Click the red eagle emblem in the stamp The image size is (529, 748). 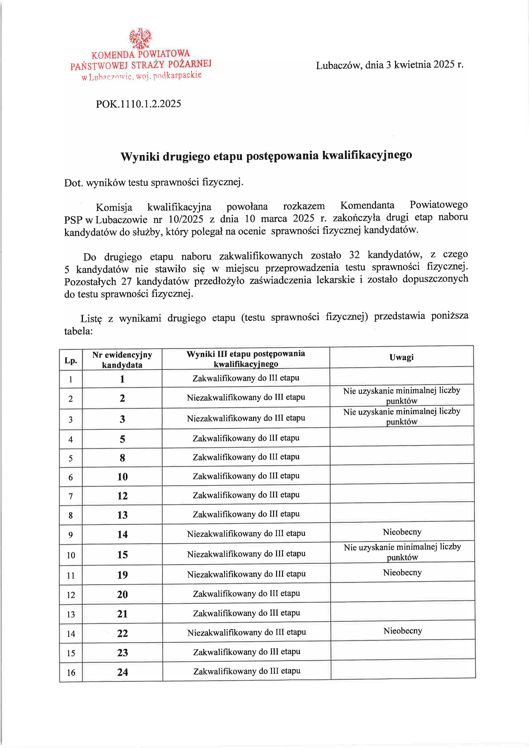point(140,38)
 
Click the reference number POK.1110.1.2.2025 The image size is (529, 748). point(138,104)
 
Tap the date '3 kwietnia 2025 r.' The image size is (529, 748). point(425,64)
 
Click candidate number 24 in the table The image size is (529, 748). point(122,672)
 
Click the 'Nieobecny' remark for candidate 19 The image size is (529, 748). point(402,573)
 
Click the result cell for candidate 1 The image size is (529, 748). point(246,378)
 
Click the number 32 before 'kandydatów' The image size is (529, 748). point(354,254)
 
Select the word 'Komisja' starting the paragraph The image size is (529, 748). point(114,207)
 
